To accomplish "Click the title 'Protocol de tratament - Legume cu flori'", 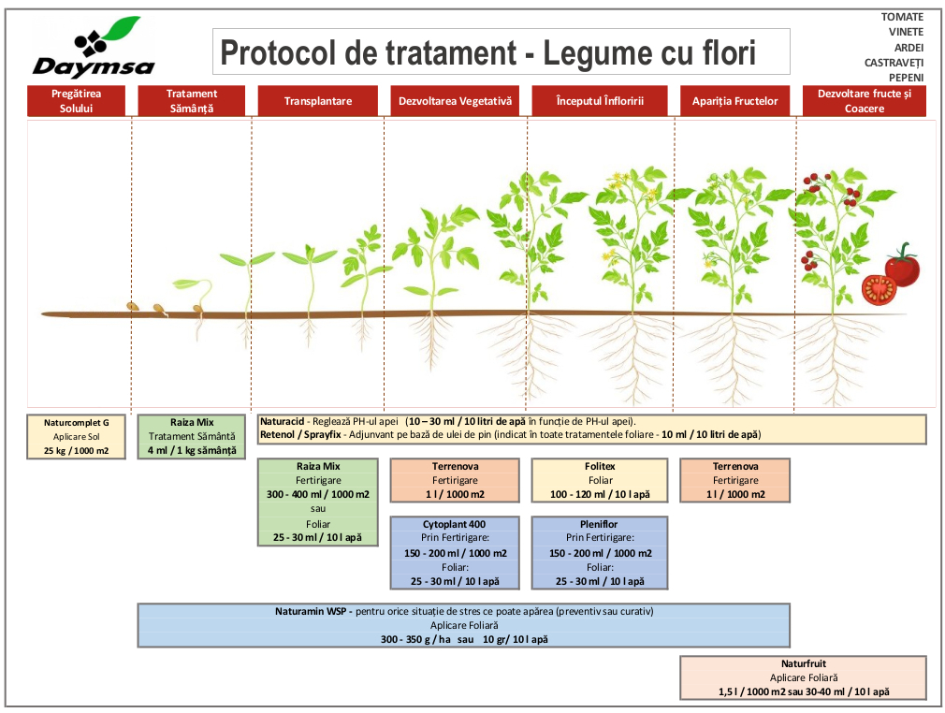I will pyautogui.click(x=487, y=52).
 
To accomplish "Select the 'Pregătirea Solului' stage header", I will pyautogui.click(x=76, y=101).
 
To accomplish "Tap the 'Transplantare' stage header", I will pyautogui.click(x=318, y=101).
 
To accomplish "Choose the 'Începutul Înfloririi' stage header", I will pyautogui.click(x=599, y=101).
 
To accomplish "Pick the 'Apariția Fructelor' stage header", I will pyautogui.click(x=734, y=101).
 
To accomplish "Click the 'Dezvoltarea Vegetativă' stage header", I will pyautogui.click(x=455, y=101).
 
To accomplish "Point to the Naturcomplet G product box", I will pyautogui.click(x=77, y=436).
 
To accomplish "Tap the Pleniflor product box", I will pyautogui.click(x=599, y=552).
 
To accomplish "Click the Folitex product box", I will pyautogui.click(x=599, y=480).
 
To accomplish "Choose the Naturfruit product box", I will pyautogui.click(x=804, y=677).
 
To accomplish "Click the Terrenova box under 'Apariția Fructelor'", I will pyautogui.click(x=734, y=480).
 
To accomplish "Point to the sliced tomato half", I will pyautogui.click(x=879, y=289).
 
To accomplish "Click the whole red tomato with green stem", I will pyautogui.click(x=903, y=268).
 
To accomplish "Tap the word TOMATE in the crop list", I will pyautogui.click(x=902, y=17).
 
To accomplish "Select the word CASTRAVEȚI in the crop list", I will pyautogui.click(x=894, y=62).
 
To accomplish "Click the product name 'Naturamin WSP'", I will pyautogui.click(x=310, y=611).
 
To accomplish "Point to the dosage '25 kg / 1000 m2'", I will pyautogui.click(x=77, y=450).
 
